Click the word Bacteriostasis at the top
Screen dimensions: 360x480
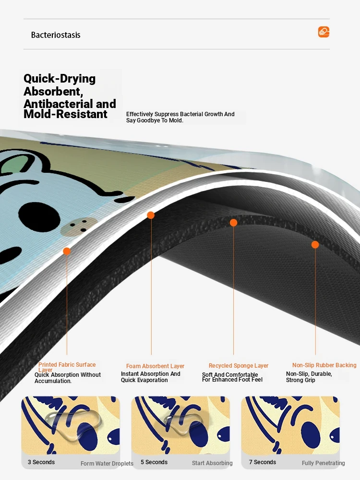[x=56, y=35]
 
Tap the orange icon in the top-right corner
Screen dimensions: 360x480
[x=324, y=32]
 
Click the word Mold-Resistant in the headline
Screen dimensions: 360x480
[x=65, y=114]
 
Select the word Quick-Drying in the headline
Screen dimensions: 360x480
[x=60, y=79]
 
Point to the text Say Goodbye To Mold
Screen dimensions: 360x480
[x=155, y=120]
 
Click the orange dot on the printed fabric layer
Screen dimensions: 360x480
[x=66, y=252]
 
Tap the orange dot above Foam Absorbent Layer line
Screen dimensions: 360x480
[x=151, y=215]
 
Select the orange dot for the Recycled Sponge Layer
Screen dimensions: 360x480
[x=233, y=223]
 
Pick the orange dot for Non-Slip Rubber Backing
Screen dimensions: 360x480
[x=315, y=245]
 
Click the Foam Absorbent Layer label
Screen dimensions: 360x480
[x=155, y=366]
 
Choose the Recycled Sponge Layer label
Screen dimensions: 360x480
[x=239, y=365]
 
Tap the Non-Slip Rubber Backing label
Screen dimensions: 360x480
[x=324, y=365]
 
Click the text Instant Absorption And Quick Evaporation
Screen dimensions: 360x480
[x=151, y=377]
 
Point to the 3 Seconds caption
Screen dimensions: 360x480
[x=41, y=462]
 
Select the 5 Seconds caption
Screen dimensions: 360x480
[x=154, y=462]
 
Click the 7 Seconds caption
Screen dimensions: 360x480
[x=263, y=462]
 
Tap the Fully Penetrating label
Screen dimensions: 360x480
[x=323, y=463]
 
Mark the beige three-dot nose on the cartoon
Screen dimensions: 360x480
[x=79, y=226]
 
